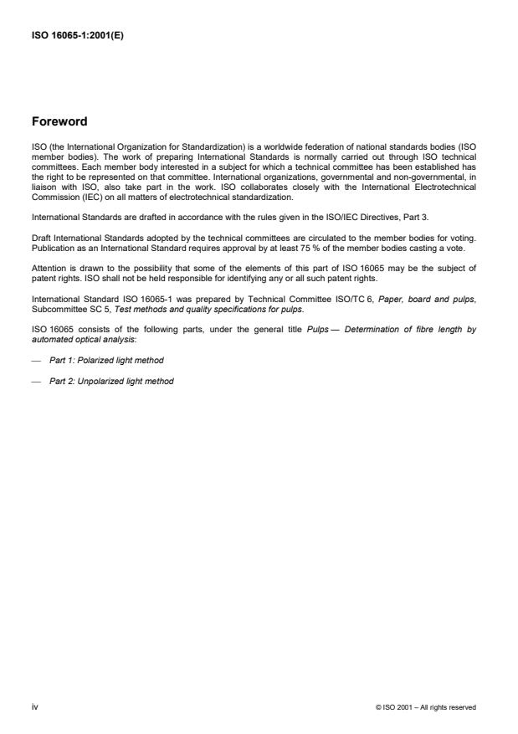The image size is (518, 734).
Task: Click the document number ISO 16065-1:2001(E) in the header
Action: pos(77,38)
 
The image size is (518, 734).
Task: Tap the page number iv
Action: pos(34,706)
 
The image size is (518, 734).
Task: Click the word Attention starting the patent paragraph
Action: pos(47,268)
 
